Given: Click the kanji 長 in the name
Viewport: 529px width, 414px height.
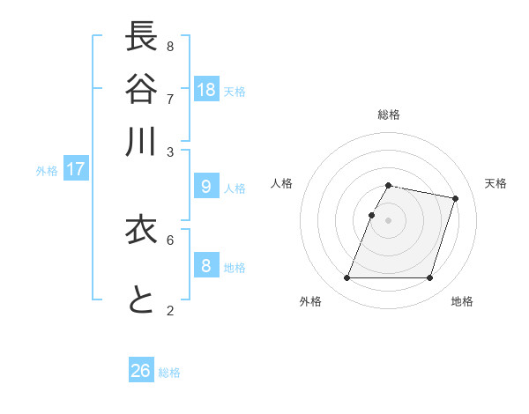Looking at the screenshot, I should [141, 38].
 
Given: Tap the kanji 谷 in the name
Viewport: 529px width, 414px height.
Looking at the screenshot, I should [141, 89].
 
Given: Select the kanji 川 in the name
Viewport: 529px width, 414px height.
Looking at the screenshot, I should [141, 141].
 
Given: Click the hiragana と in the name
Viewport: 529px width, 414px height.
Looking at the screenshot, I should [141, 300].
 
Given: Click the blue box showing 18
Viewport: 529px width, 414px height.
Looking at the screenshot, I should [206, 89].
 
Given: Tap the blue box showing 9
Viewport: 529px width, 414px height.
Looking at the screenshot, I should [206, 186].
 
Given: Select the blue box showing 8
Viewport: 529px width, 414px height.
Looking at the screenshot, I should [206, 265].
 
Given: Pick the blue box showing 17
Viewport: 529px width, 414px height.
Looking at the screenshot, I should [76, 169].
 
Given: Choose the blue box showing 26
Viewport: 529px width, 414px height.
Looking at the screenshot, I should [141, 371].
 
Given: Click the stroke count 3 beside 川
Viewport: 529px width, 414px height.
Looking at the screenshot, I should [170, 152].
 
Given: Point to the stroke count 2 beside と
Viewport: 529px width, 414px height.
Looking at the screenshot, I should [170, 310].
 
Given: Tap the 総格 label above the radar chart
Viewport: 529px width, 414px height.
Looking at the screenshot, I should [389, 115].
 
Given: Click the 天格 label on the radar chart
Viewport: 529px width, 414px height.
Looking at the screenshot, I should [495, 183].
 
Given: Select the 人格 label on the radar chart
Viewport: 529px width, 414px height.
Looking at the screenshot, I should [281, 183].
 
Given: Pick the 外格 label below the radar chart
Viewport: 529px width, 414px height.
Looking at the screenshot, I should [310, 301].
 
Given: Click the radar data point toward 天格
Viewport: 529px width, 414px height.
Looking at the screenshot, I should [455, 199].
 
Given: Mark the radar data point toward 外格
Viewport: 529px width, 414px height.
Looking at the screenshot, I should [347, 278].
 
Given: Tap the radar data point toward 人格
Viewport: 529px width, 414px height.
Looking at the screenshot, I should [372, 215].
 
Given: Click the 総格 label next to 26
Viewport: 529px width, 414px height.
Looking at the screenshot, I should [169, 373].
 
